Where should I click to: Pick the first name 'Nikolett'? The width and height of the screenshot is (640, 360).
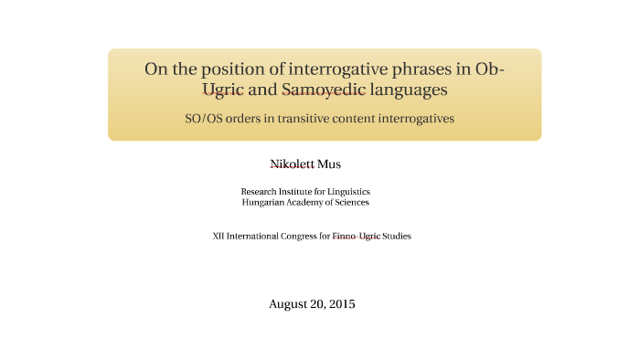292,164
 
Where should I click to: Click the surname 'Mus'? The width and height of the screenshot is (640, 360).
329,164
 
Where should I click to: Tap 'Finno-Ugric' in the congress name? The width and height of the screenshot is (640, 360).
357,236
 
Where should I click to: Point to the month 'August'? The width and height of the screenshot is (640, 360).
288,303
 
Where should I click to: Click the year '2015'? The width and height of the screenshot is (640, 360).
340,303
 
